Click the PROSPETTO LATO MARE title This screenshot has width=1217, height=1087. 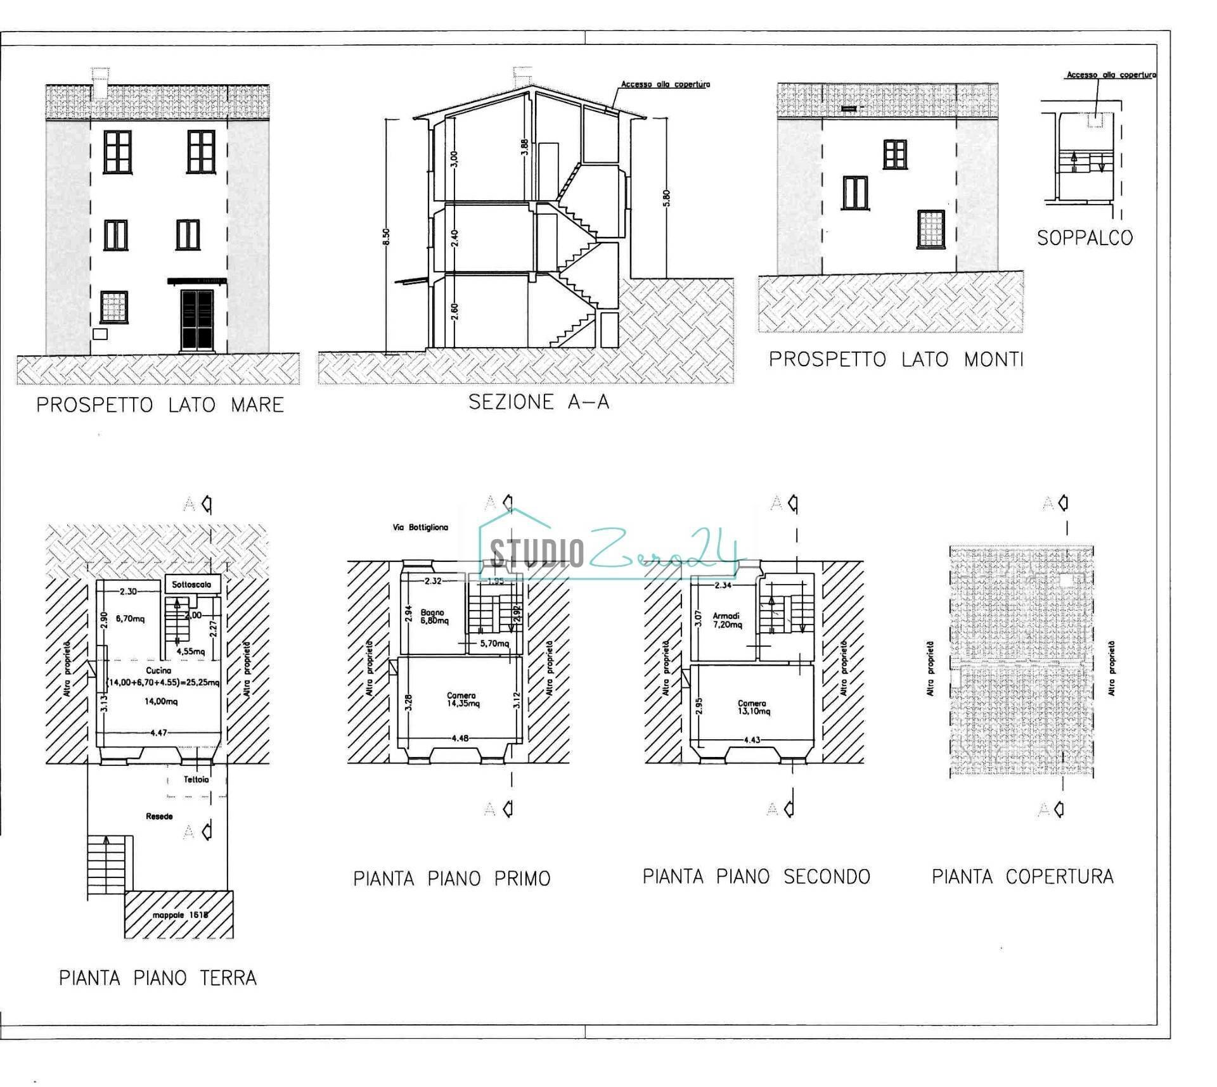[160, 405]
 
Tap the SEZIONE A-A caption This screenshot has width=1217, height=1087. [539, 402]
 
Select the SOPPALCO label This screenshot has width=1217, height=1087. [1085, 238]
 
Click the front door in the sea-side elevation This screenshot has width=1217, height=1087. [197, 320]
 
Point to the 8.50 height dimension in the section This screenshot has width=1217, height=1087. [387, 236]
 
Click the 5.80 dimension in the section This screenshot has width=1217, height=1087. [666, 198]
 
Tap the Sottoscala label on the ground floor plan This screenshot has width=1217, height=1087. [191, 585]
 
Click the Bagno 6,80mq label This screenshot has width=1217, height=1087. [434, 617]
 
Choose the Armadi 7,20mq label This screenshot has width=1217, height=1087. [726, 620]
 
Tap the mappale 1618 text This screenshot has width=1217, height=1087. [180, 915]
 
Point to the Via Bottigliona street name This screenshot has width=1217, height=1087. [420, 527]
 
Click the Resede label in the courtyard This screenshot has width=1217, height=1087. [159, 817]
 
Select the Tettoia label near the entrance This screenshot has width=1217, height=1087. [196, 779]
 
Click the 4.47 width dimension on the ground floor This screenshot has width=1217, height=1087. [158, 733]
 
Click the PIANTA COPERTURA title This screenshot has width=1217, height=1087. [1022, 877]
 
